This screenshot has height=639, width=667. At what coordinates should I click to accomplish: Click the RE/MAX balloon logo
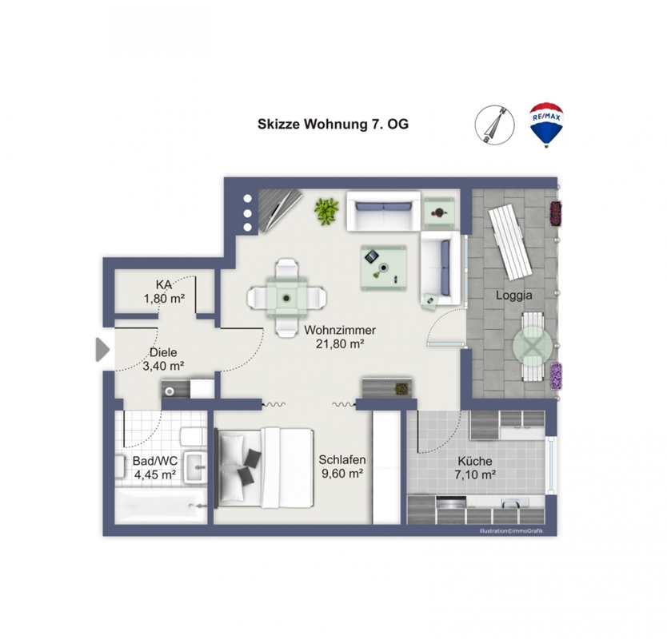546,125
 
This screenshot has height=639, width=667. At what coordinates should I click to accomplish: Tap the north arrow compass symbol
495,125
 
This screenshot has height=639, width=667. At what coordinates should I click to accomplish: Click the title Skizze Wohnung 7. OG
333,124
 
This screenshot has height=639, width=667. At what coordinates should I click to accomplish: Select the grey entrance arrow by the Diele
102,350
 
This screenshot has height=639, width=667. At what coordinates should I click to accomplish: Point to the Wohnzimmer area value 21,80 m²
340,343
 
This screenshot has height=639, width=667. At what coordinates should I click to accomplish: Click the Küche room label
475,461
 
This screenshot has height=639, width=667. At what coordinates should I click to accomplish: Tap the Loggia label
514,295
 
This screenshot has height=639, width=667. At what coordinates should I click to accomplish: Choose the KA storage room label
164,284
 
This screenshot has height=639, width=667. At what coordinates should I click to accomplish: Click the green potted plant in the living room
326,211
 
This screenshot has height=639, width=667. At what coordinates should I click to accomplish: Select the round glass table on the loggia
533,347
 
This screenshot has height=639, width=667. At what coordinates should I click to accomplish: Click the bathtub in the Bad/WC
162,505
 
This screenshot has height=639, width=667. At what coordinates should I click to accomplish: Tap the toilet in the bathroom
193,436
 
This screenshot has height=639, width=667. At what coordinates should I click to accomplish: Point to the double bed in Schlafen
265,467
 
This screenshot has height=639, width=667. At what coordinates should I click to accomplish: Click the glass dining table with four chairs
286,298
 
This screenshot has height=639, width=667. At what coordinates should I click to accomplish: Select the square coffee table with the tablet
384,268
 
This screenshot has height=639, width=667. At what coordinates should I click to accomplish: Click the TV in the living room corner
279,210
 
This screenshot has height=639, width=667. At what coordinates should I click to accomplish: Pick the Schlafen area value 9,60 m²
342,473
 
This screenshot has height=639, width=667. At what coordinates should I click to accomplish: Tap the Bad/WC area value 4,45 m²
155,474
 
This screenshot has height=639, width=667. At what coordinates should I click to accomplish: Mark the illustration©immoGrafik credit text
511,531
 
